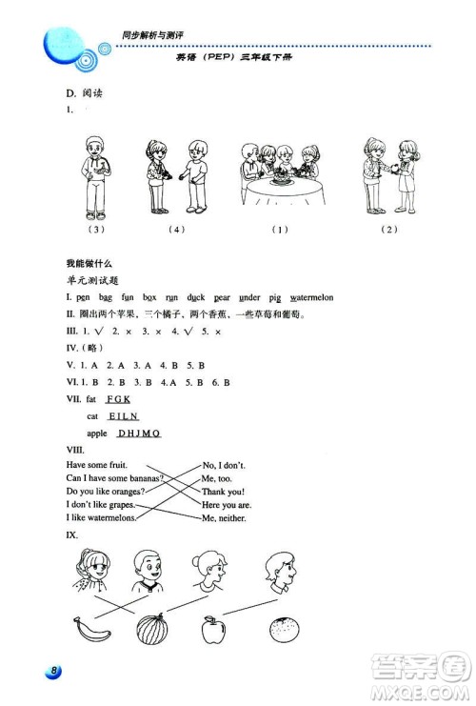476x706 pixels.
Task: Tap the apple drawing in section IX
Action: pyautogui.click(x=214, y=630)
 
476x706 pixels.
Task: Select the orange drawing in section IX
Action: pyautogui.click(x=284, y=630)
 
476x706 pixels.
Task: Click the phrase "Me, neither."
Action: pyautogui.click(x=224, y=518)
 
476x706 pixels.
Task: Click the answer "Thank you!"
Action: pyautogui.click(x=222, y=491)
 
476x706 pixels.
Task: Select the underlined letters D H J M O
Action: pyautogui.click(x=139, y=433)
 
